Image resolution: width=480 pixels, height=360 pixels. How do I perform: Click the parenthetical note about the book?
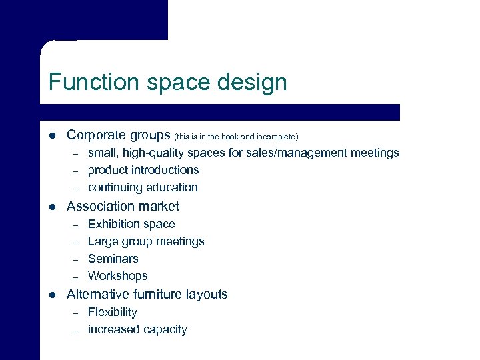coord(241,136)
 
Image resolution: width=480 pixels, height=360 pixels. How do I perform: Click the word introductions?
coord(163,170)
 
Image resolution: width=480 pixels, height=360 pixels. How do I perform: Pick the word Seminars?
coord(113,259)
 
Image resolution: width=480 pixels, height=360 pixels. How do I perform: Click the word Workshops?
coord(118,276)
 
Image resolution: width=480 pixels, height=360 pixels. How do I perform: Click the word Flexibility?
coord(113,312)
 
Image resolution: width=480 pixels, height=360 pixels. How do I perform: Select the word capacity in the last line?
coord(164,330)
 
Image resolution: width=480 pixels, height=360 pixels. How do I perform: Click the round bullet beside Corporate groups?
coord(52,136)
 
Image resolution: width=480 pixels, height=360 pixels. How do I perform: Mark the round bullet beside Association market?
coord(52,207)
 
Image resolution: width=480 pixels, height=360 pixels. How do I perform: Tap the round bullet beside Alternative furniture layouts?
coord(52,295)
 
